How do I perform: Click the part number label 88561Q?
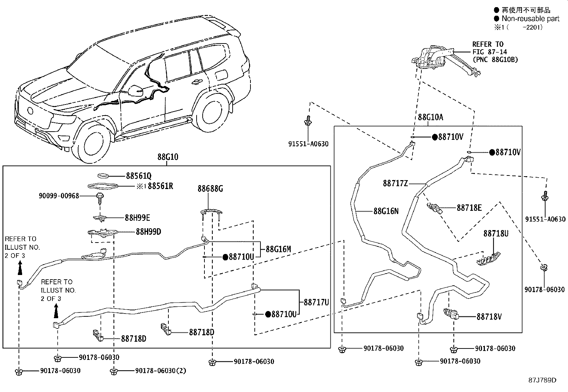(139, 176)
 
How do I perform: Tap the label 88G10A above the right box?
(430, 117)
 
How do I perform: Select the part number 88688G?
(210, 189)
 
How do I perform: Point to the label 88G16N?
(386, 211)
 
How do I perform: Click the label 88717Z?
(395, 183)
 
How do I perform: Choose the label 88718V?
(489, 316)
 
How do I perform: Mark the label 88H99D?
(148, 232)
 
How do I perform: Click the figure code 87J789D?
(542, 380)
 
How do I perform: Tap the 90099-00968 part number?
(59, 196)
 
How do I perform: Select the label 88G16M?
(278, 249)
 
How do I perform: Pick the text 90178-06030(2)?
(161, 371)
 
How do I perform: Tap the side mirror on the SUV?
(136, 91)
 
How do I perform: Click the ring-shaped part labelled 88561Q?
(103, 175)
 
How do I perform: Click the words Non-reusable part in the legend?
(531, 19)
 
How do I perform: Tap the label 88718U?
(496, 234)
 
